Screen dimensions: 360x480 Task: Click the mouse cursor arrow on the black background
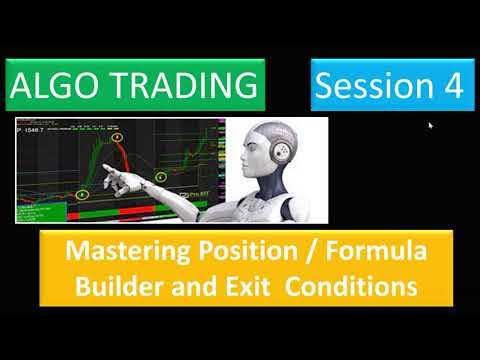click(x=430, y=126)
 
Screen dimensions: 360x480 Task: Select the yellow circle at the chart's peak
click(x=117, y=136)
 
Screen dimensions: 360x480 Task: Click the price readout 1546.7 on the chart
click(x=37, y=130)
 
